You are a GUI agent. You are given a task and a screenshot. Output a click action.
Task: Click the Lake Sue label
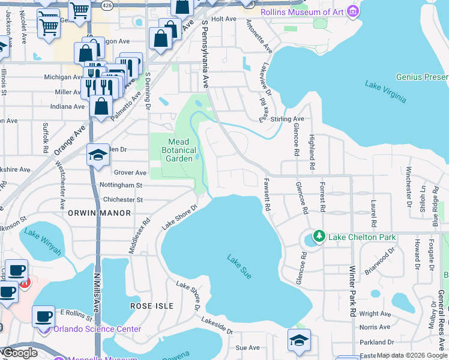(x=239, y=266)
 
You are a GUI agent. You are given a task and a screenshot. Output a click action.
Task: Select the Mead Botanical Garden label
(x=179, y=151)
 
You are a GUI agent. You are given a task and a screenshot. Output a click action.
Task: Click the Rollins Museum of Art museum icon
(x=353, y=11)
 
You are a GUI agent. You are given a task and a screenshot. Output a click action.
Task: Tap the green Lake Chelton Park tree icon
(x=320, y=237)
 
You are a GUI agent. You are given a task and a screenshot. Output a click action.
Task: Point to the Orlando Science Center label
(x=97, y=329)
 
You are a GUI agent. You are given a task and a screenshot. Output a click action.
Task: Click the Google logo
(x=19, y=353)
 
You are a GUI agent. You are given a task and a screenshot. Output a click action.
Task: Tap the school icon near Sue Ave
(x=298, y=340)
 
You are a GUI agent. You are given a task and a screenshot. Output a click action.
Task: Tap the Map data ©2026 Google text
(x=411, y=355)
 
